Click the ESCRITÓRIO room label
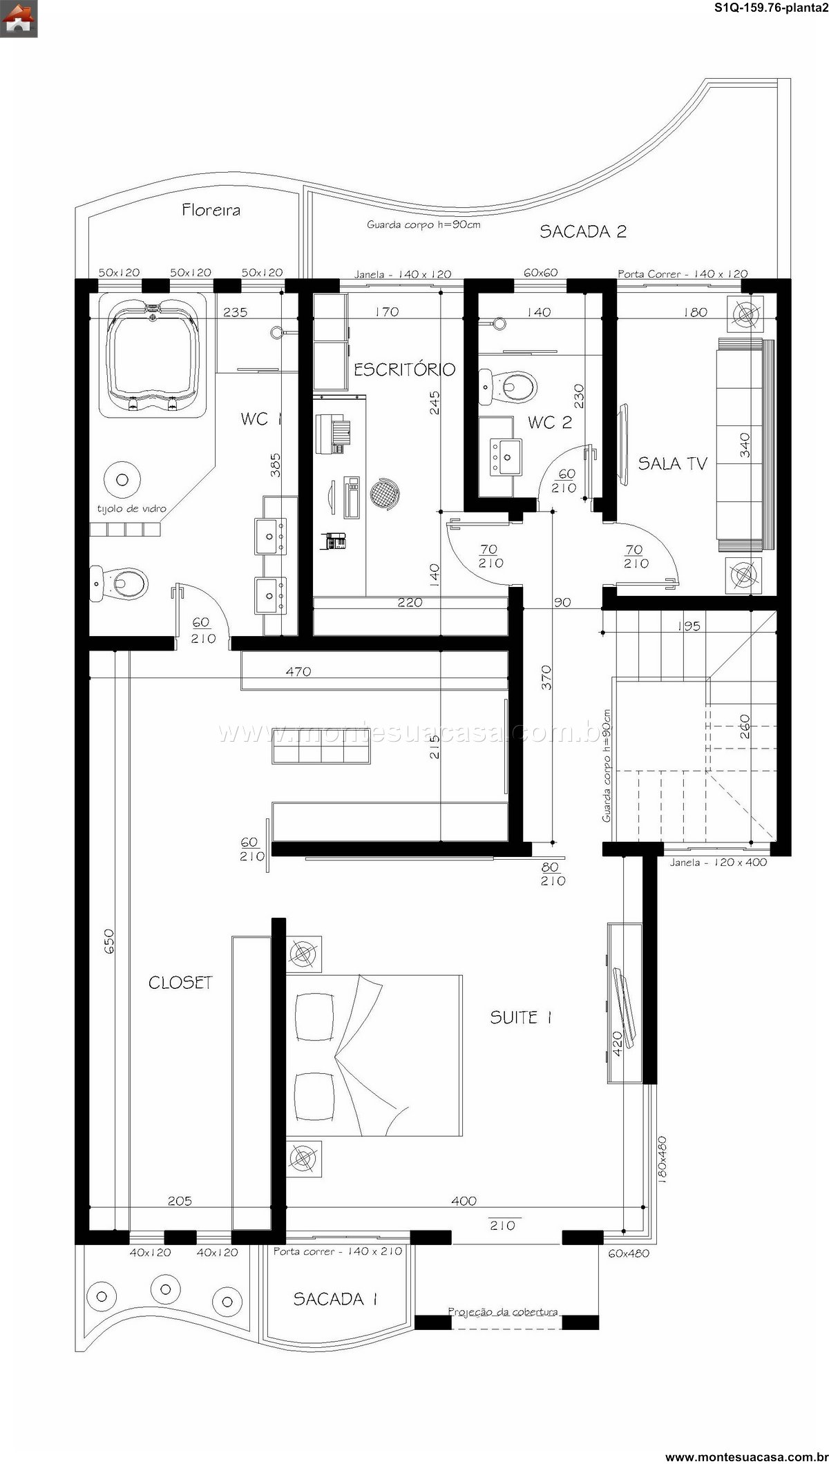tap(405, 369)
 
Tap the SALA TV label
tap(673, 463)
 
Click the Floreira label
tap(211, 210)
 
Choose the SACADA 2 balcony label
tap(583, 231)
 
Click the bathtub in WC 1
tap(153, 356)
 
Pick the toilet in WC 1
tap(119, 584)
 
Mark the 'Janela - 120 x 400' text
tap(718, 863)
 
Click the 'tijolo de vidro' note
tap(132, 508)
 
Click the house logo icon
tap(19, 19)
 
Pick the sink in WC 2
tap(506, 455)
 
